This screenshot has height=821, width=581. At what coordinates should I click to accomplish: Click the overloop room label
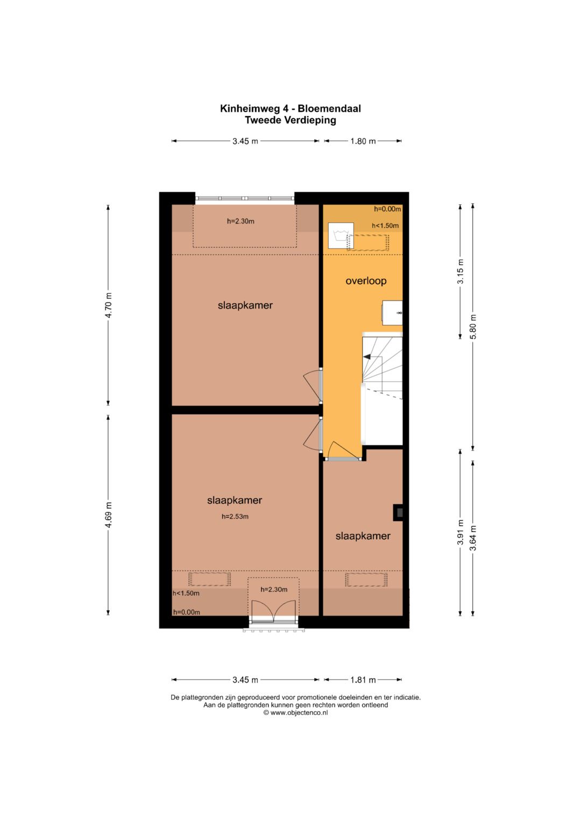coord(366,281)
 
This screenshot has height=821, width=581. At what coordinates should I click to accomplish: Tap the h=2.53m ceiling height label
coord(235,517)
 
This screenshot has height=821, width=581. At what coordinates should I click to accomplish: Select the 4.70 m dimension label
coord(109,306)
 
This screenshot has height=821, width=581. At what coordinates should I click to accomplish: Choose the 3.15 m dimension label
coord(460,271)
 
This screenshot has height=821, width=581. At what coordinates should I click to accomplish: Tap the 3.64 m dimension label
coord(473,538)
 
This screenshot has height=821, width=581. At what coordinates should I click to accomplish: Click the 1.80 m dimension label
coord(363,141)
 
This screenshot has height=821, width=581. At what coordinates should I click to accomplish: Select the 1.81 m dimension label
coord(363,680)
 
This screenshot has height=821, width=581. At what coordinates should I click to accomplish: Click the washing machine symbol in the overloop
coord(341,235)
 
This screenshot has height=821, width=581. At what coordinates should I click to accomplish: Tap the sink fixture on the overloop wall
coord(393,312)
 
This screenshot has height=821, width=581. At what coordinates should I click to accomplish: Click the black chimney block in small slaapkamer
coord(398,512)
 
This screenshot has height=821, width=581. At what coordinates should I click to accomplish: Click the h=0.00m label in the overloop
coord(387,209)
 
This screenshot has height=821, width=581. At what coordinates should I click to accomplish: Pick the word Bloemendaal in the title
coord(329,109)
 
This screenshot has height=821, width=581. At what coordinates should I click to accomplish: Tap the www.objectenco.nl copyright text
coord(295,712)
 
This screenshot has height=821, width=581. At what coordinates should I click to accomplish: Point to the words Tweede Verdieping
coord(290,120)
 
